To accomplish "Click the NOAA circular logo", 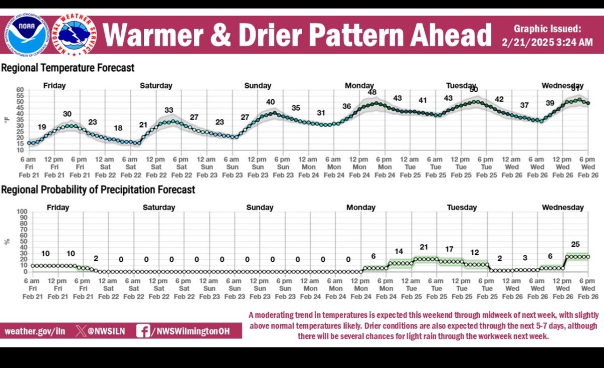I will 27,34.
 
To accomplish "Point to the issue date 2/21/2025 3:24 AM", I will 547,43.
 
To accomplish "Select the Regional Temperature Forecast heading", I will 68,67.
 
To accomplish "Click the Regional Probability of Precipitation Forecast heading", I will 98,190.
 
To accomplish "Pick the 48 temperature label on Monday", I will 372,92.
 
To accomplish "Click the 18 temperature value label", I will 118,128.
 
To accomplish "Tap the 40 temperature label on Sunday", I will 270,102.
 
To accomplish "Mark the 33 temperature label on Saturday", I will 169,110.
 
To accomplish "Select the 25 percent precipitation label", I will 575,244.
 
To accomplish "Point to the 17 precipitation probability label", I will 449,249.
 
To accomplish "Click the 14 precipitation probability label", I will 399,251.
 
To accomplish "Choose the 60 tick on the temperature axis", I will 20,89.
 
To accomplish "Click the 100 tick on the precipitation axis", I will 21,212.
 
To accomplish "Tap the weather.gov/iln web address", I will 35,331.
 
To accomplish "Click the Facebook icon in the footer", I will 143,331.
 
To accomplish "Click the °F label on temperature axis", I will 7,120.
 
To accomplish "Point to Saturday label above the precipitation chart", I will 159,207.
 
